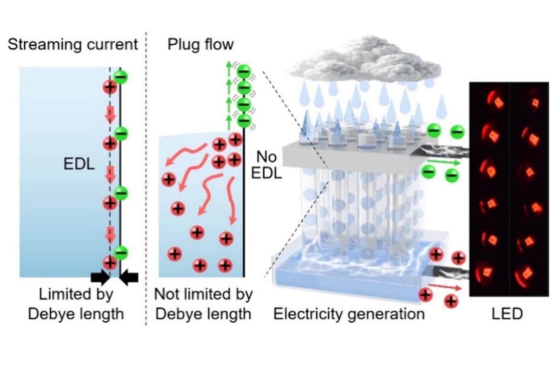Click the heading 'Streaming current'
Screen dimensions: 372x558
coord(73,45)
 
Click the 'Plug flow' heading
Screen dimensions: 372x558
coord(200,45)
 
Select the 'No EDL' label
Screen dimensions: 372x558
coord(266,166)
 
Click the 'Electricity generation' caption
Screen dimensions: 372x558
coord(349,313)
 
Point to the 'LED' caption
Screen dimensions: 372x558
coord(507,313)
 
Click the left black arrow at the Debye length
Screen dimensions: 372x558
coord(99,277)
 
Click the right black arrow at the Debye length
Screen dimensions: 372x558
coord(130,277)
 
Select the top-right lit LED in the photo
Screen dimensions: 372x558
coord(530,102)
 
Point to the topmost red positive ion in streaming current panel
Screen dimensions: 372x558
coord(110,87)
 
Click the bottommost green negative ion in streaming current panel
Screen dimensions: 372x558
coord(120,252)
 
